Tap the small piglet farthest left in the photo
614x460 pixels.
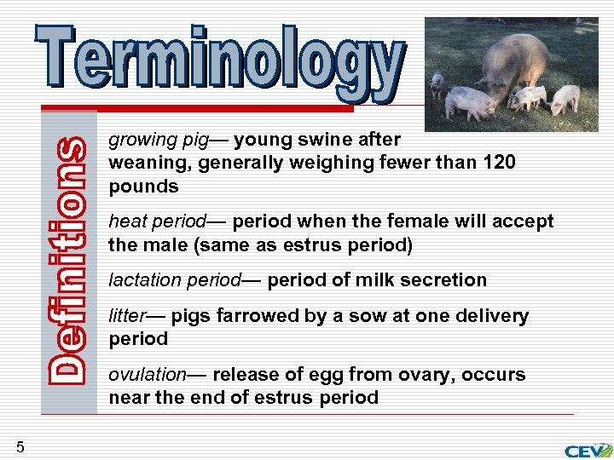(x=437, y=83)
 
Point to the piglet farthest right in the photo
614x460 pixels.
(x=565, y=99)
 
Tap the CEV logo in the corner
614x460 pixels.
(x=588, y=450)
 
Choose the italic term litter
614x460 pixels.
(x=127, y=316)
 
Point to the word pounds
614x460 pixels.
(x=143, y=187)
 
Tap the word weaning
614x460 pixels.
(x=142, y=163)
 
